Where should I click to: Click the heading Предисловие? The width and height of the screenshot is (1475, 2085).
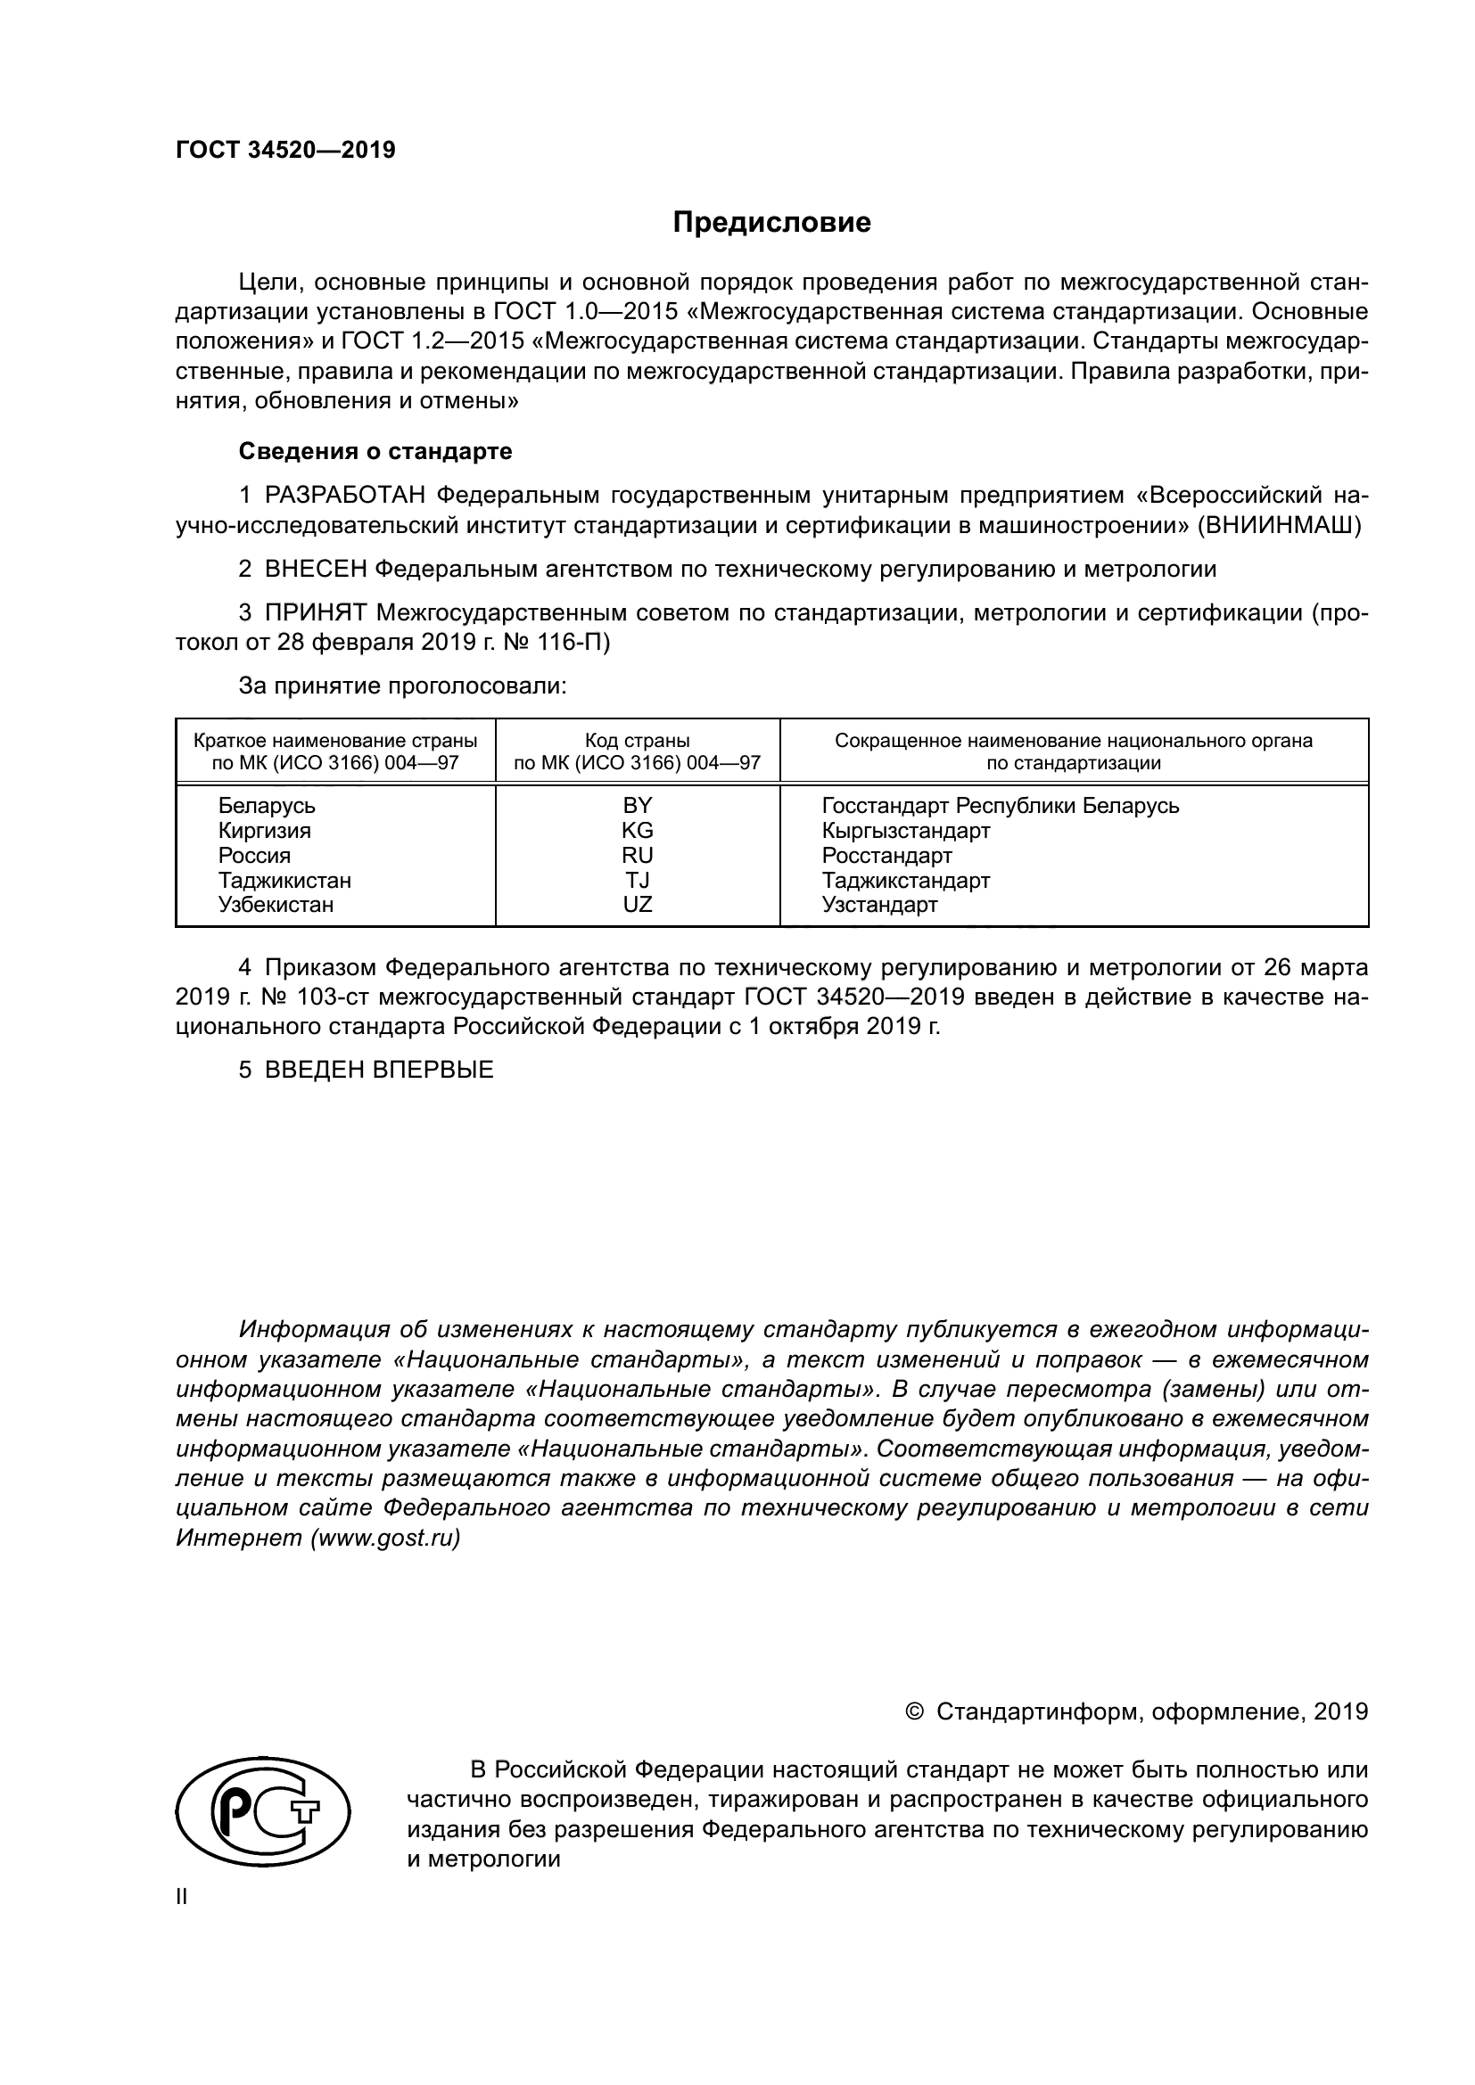point(771,223)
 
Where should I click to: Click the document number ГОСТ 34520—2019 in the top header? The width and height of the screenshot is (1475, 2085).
point(285,151)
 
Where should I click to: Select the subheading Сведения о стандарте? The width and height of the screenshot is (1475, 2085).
point(375,451)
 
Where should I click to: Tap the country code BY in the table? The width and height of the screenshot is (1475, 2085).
point(637,806)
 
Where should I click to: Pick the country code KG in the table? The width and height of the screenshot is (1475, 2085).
point(637,830)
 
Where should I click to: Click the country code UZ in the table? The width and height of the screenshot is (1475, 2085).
point(637,905)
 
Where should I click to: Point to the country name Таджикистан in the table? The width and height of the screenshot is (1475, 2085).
point(284,880)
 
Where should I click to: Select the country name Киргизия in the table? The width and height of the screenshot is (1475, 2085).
point(264,830)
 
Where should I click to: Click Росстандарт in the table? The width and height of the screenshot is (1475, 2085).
point(886,856)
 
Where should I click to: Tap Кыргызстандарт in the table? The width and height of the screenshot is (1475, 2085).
point(905,830)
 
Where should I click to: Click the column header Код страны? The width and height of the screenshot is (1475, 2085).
point(637,740)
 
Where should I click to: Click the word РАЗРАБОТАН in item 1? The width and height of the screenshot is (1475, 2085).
point(345,496)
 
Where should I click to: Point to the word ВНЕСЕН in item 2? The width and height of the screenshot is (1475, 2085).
point(316,570)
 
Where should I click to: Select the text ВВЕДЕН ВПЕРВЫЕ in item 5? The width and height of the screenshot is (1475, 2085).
point(379,1070)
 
